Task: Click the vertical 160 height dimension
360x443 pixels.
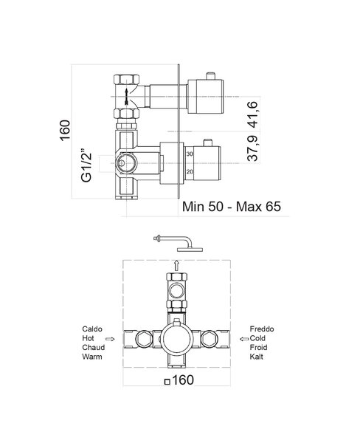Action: [x=65, y=130]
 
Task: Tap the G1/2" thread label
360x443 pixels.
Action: [x=86, y=165]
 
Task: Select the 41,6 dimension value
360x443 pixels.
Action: [x=252, y=114]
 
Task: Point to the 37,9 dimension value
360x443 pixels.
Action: [x=252, y=148]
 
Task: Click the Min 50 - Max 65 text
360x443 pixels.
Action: [x=232, y=207]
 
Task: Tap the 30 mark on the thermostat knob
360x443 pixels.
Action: [x=190, y=154]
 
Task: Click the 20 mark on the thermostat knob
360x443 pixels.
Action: [x=190, y=172]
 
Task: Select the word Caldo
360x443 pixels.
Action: [x=92, y=329]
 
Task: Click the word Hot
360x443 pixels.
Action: [x=88, y=338]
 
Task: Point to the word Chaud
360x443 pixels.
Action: [x=93, y=347]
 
